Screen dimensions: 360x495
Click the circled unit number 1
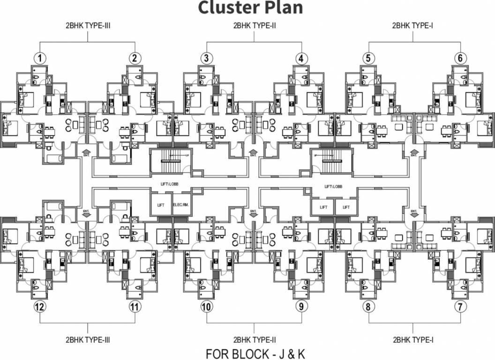(41, 58)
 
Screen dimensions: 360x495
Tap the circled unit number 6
(460, 58)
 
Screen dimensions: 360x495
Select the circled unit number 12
(40, 307)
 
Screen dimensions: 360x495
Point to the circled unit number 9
(300, 307)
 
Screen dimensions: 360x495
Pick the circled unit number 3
(206, 58)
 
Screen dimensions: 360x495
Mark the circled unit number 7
(461, 307)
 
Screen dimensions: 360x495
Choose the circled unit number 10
(206, 307)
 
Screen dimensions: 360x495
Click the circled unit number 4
(301, 58)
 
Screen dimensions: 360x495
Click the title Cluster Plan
(250, 8)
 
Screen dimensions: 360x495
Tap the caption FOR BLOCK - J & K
(256, 353)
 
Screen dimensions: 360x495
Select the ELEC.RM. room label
(180, 205)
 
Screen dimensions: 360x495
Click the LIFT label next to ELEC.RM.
(161, 205)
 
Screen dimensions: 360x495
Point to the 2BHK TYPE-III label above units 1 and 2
(88, 26)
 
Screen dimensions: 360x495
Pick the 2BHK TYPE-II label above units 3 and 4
(254, 26)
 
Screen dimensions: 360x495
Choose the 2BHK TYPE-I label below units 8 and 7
(412, 339)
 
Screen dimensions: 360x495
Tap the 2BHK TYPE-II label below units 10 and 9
(254, 339)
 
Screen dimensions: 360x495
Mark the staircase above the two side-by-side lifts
(330, 160)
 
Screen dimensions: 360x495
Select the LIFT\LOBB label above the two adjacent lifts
(333, 187)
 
